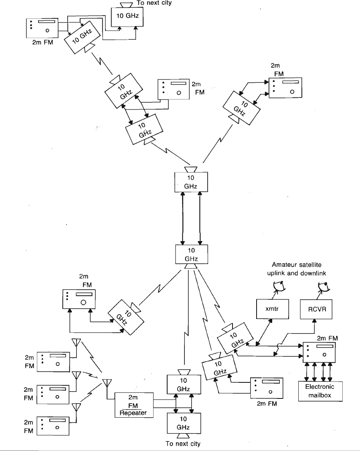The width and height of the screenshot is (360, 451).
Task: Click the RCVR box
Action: coord(316,310)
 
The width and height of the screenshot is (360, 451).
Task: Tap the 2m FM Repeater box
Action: coord(134,405)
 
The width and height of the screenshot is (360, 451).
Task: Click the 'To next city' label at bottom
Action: coord(183,444)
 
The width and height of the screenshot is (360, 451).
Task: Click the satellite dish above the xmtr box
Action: coord(277,286)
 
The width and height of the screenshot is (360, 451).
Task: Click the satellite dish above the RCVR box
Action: coord(322,286)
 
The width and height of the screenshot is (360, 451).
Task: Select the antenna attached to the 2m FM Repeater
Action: coord(107,384)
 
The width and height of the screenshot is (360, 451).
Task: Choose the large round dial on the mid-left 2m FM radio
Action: coord(84,303)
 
